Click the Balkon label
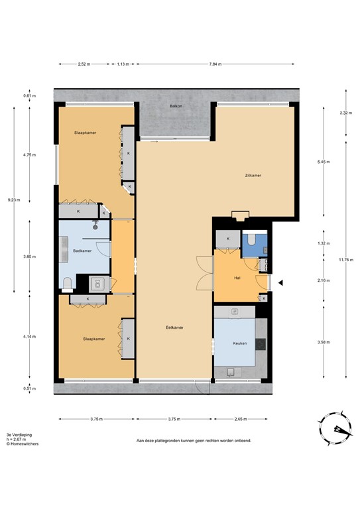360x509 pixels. click(x=176, y=105)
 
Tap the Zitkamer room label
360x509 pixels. click(x=253, y=176)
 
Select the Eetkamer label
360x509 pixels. click(x=174, y=327)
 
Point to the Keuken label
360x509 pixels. click(x=239, y=344)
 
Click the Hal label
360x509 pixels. click(x=237, y=278)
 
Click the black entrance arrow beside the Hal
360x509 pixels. click(x=280, y=283)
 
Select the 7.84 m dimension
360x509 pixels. click(x=214, y=64)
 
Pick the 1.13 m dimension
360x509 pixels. click(x=123, y=64)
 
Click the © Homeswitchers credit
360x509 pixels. click(x=22, y=444)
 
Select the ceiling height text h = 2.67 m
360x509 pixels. click(x=18, y=439)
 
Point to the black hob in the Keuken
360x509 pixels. click(x=260, y=344)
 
